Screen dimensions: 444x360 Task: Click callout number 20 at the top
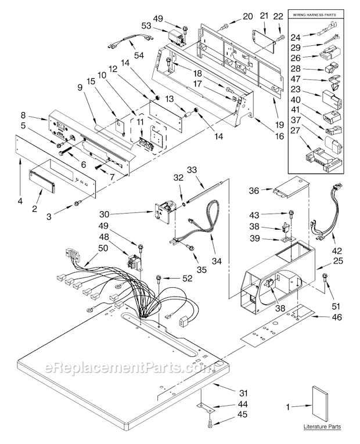(x=248, y=16)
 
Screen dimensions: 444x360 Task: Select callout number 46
(x=336, y=317)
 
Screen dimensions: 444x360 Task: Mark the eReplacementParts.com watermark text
(x=123, y=369)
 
